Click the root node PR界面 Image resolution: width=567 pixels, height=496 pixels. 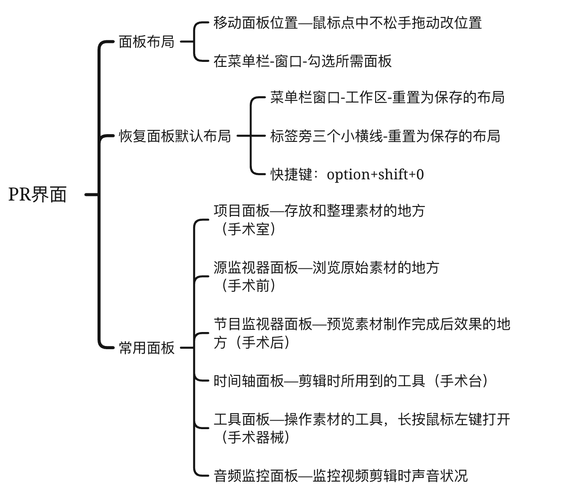pos(37,194)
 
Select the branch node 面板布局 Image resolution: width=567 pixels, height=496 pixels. pos(147,42)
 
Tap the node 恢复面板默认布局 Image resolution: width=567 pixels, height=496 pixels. pos(175,136)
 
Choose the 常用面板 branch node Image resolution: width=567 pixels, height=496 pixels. pos(147,348)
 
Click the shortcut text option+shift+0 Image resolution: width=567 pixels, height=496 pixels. pos(375,175)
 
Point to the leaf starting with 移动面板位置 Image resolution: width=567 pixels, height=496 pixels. pos(348,23)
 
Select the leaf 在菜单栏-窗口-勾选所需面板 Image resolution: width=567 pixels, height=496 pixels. pos(302,61)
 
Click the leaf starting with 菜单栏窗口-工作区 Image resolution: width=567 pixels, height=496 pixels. pos(387,97)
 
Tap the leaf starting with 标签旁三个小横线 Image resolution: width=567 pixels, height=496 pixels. pos(385,136)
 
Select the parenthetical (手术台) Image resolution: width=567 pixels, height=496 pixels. pos(460,381)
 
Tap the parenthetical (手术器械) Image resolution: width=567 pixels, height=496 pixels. pos(256,437)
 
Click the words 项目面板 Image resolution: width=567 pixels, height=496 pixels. pos(242,211)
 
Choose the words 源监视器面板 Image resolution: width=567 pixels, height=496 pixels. pos(256,267)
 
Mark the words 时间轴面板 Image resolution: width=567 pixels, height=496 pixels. pos(249,381)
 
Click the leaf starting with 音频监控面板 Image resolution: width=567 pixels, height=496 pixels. pos(340,476)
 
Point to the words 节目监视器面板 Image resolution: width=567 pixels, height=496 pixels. pos(263,324)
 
